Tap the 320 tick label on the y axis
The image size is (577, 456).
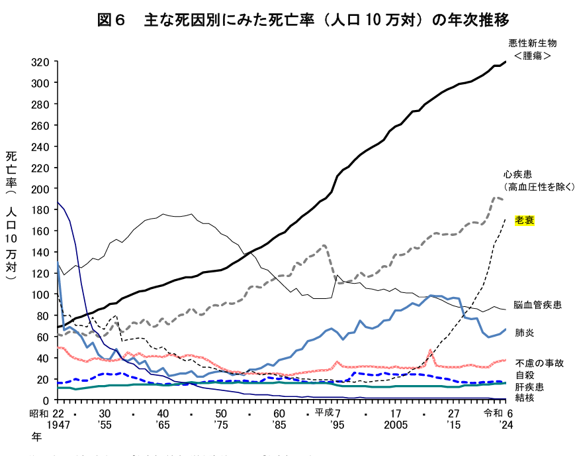point(40,62)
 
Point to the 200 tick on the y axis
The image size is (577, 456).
point(40,189)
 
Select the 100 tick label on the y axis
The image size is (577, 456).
point(40,295)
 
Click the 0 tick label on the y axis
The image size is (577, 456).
point(46,400)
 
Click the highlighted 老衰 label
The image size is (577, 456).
point(524,220)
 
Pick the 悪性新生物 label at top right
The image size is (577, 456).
point(533,43)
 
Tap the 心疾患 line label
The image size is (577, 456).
point(517,174)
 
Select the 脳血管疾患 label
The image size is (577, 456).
point(538,305)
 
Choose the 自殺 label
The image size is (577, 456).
point(523,374)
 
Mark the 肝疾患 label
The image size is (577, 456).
point(527,386)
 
